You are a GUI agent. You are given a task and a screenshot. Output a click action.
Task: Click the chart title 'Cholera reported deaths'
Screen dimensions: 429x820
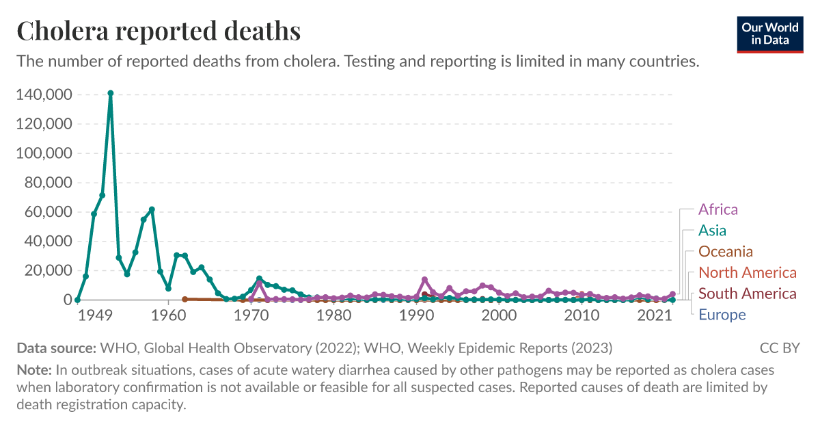point(159,31)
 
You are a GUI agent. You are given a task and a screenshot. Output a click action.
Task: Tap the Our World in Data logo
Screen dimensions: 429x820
point(769,34)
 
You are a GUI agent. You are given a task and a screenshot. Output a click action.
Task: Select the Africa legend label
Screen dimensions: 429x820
point(717,209)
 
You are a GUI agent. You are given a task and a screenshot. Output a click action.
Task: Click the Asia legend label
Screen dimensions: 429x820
point(712,231)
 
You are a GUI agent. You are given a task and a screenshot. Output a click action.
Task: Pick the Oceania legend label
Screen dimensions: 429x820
point(725,252)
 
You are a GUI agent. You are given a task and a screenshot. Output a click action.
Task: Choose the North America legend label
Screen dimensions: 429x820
point(747,273)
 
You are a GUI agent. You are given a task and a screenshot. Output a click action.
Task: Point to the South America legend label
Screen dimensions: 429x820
point(747,294)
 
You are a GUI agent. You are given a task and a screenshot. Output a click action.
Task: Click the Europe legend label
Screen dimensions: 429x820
point(722,315)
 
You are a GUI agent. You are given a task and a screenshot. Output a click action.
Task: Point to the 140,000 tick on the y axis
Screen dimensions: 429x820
point(43,94)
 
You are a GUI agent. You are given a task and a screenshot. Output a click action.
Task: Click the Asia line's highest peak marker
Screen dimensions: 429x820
point(111,93)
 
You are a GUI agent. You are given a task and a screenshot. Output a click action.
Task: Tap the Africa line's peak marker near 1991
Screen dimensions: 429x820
point(424,279)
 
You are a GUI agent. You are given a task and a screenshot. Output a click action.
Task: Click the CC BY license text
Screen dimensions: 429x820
point(779,348)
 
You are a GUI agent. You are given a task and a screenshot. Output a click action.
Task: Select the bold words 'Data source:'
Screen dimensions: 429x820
point(56,348)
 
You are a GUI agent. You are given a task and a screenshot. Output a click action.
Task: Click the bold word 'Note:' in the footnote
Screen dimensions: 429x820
point(34,370)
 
